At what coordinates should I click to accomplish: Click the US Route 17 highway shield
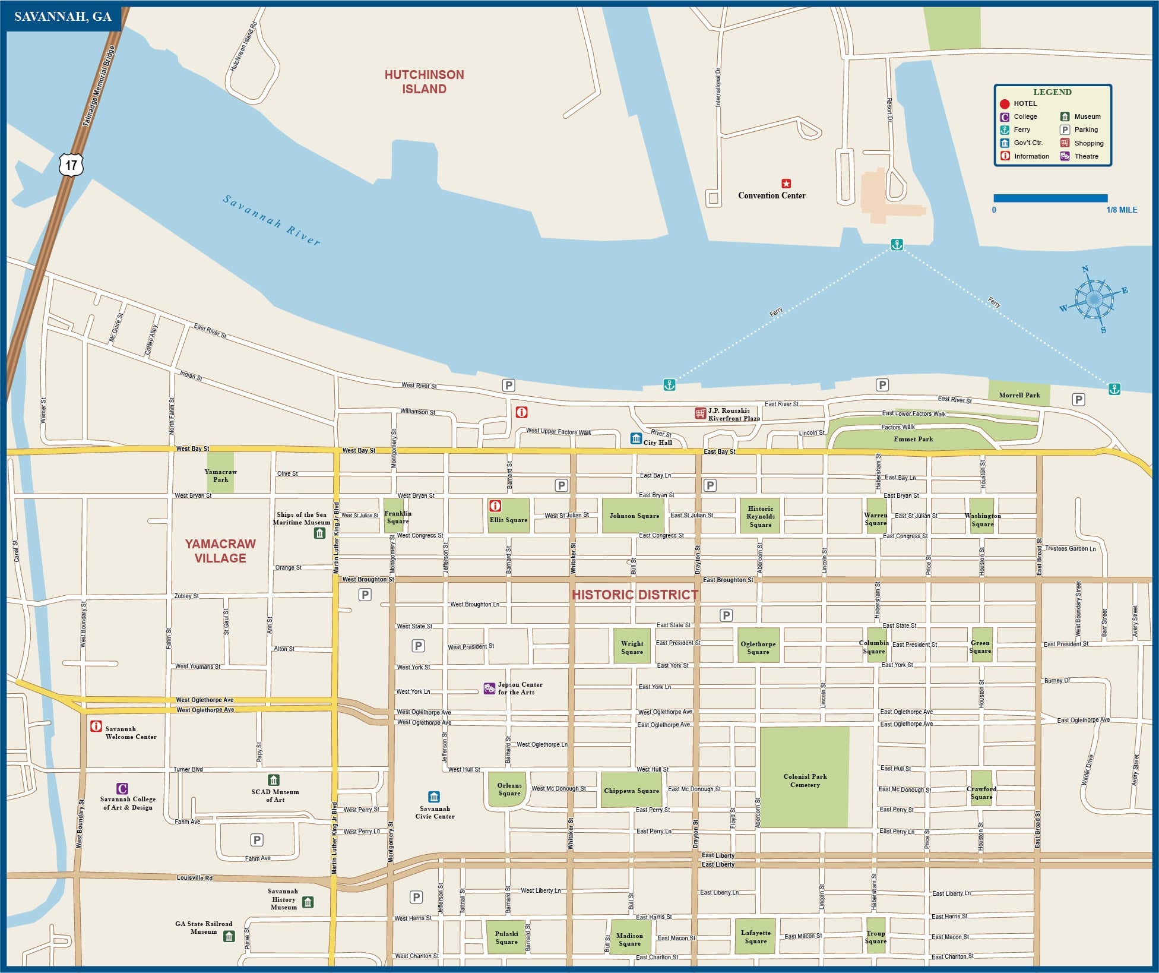coord(71,165)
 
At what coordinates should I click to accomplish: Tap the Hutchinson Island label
coord(424,82)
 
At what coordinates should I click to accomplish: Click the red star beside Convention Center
coord(786,184)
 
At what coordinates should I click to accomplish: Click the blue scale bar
coord(1050,198)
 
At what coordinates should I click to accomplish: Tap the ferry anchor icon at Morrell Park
coord(1114,389)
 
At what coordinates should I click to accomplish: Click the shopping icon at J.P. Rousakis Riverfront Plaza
coord(700,413)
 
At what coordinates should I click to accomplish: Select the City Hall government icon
coord(636,439)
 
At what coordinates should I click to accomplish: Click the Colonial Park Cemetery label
coord(805,781)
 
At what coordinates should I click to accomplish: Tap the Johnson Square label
coord(634,516)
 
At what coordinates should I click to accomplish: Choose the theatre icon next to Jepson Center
coord(489,688)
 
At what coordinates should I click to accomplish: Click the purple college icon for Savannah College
coord(122,789)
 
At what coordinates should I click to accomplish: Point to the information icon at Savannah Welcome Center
coord(96,726)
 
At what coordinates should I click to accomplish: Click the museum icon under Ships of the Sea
coord(319,533)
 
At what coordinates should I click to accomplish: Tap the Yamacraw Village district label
coord(220,551)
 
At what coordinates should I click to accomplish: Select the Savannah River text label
coord(271,220)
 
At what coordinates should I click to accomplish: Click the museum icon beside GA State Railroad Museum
coord(229,936)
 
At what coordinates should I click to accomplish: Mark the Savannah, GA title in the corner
coord(63,17)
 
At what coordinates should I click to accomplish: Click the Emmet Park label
coord(913,439)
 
